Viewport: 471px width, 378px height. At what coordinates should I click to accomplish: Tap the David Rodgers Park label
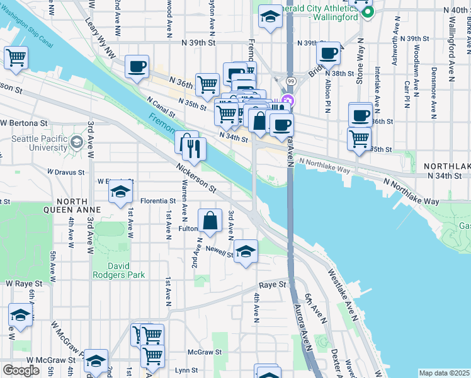(118, 270)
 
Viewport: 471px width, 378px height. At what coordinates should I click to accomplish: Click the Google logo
(21, 370)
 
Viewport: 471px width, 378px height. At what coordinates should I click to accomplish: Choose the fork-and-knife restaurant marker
(194, 149)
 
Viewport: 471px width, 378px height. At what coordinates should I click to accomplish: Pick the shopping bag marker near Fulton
(210, 220)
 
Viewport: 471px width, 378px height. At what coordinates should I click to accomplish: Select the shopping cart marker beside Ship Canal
(16, 58)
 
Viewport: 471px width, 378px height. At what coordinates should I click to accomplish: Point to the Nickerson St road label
(196, 179)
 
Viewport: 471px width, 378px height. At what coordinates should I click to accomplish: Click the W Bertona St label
(23, 122)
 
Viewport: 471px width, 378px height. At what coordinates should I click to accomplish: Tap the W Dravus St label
(66, 171)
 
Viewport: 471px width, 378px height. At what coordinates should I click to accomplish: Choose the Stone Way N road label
(360, 60)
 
